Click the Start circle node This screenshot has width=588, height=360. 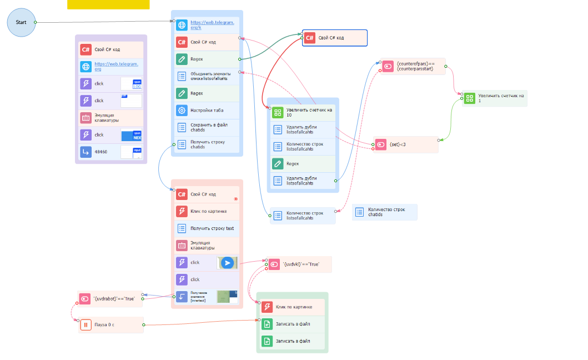pyautogui.click(x=21, y=22)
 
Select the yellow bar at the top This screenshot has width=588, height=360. pyautogui.click(x=108, y=4)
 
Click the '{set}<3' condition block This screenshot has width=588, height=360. pyautogui.click(x=406, y=144)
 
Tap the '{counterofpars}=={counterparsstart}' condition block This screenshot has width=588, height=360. pyautogui.click(x=413, y=66)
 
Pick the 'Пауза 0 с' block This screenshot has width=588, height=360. pyautogui.click(x=111, y=325)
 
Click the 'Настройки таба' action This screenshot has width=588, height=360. pyautogui.click(x=206, y=110)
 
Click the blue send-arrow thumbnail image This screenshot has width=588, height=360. pyautogui.click(x=227, y=263)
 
